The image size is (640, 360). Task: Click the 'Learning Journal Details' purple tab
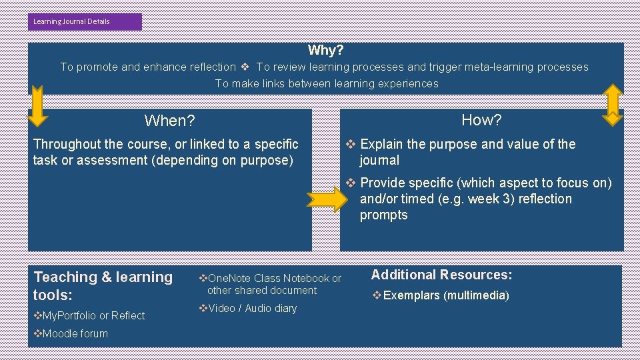[x=85, y=21]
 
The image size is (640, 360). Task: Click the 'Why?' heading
[x=325, y=50]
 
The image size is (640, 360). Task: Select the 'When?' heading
[x=169, y=121]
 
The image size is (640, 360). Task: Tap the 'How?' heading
[x=481, y=120]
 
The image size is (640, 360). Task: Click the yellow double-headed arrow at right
[x=612, y=104]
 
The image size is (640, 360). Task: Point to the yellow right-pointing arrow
[x=327, y=199]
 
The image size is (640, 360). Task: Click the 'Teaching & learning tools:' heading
[x=103, y=285]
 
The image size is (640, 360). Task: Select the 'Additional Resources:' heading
[x=441, y=275]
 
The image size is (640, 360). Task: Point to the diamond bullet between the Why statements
[x=245, y=67]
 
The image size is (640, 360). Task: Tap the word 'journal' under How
[x=379, y=160]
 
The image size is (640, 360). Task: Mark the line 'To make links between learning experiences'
[x=327, y=83]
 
